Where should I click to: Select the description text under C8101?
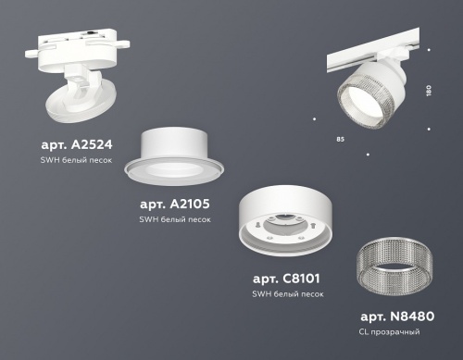(288, 293)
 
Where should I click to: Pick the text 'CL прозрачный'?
(389, 330)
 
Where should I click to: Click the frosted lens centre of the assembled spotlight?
(354, 101)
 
